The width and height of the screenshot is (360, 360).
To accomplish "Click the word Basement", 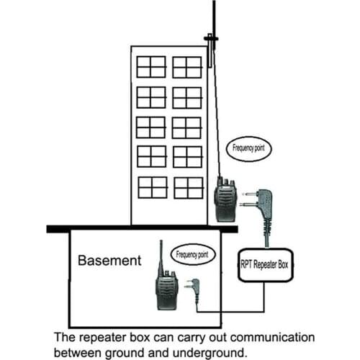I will click(x=109, y=261).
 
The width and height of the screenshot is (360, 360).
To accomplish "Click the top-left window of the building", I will click(x=151, y=67).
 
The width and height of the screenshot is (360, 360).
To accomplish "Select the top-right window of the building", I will click(x=187, y=67).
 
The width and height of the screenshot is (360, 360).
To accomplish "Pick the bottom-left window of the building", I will click(x=151, y=187).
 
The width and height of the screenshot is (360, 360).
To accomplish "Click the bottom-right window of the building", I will click(x=187, y=187).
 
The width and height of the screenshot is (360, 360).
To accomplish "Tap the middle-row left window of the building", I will click(x=151, y=127).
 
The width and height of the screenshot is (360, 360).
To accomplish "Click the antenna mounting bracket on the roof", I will click(x=210, y=37).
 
